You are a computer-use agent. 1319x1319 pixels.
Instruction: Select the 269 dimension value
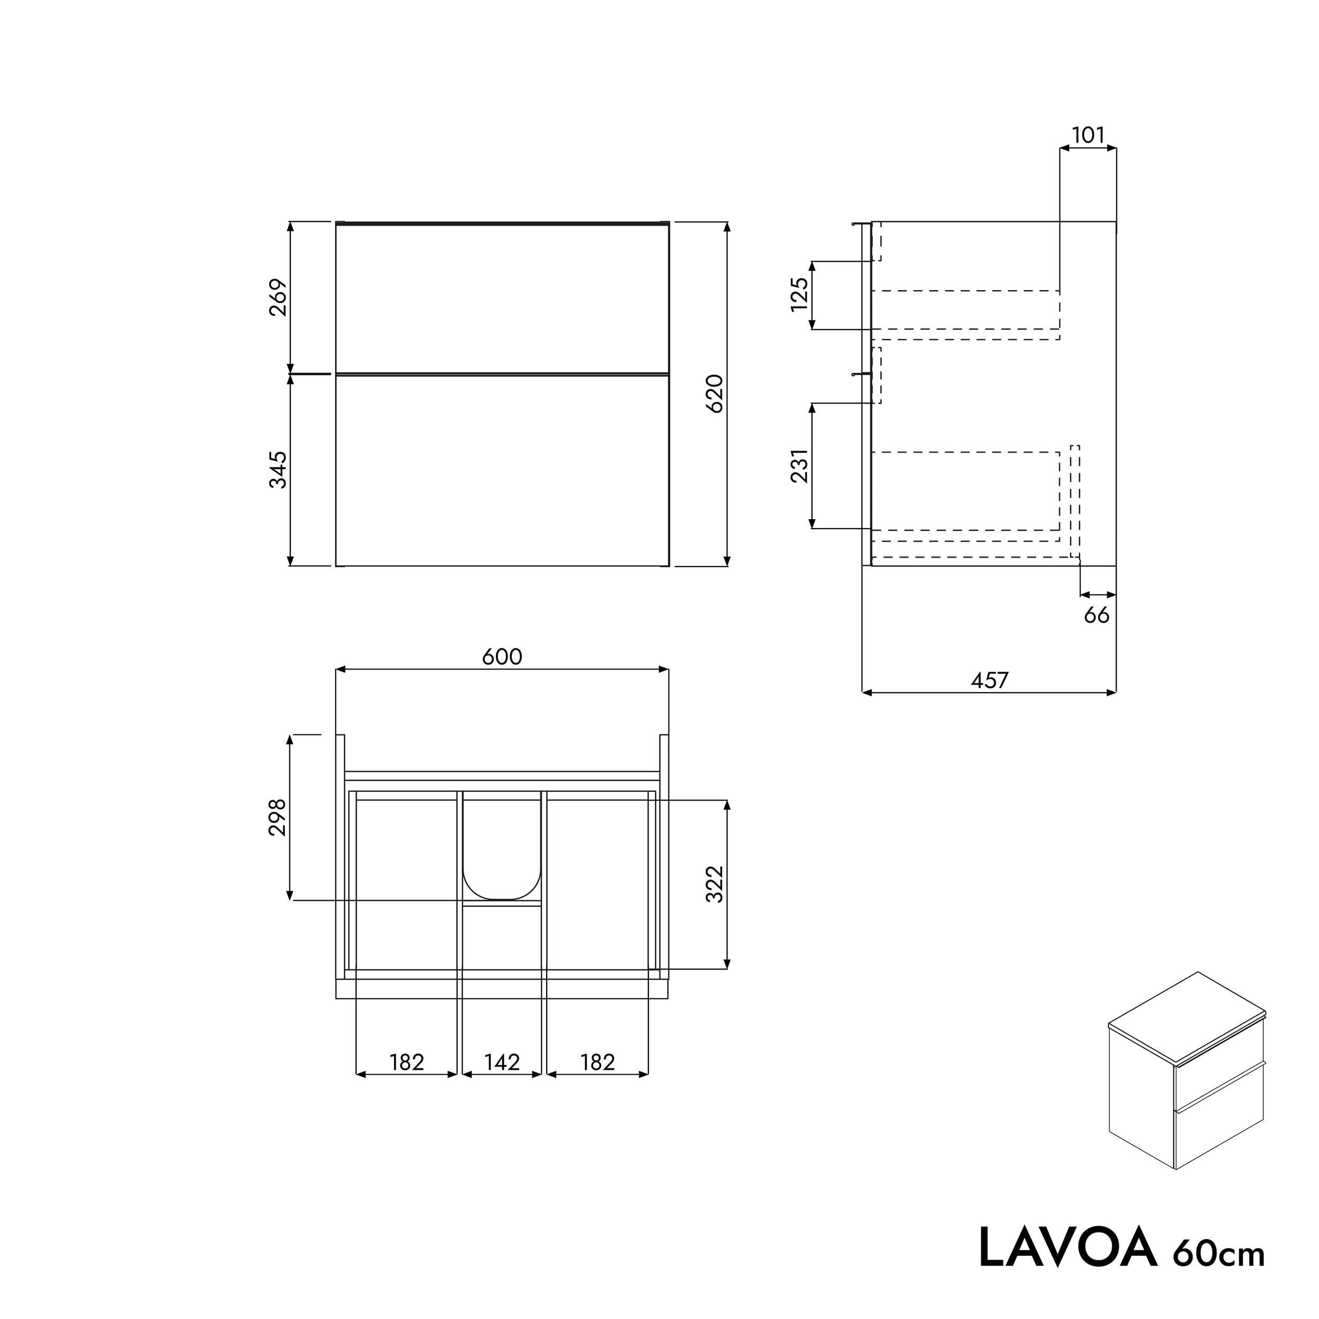click(278, 297)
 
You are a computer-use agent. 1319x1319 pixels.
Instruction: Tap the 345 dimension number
click(278, 470)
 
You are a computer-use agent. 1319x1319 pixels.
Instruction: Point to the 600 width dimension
click(502, 657)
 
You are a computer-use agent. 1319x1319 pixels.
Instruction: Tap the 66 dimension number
click(1096, 615)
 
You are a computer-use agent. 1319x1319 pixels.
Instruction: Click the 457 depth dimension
click(989, 680)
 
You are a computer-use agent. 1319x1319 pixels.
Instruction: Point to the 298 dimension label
click(278, 817)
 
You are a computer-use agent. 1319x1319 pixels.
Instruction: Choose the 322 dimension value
click(715, 884)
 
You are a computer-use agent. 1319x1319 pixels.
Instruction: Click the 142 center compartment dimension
click(502, 1062)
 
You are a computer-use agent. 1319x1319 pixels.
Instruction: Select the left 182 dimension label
click(407, 1062)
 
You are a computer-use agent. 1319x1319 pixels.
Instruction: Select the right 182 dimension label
click(597, 1062)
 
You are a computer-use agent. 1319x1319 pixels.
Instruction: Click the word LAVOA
click(1068, 1248)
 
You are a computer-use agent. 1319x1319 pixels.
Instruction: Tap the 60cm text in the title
click(1219, 1253)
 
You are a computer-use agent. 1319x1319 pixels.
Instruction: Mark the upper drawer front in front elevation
click(502, 298)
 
